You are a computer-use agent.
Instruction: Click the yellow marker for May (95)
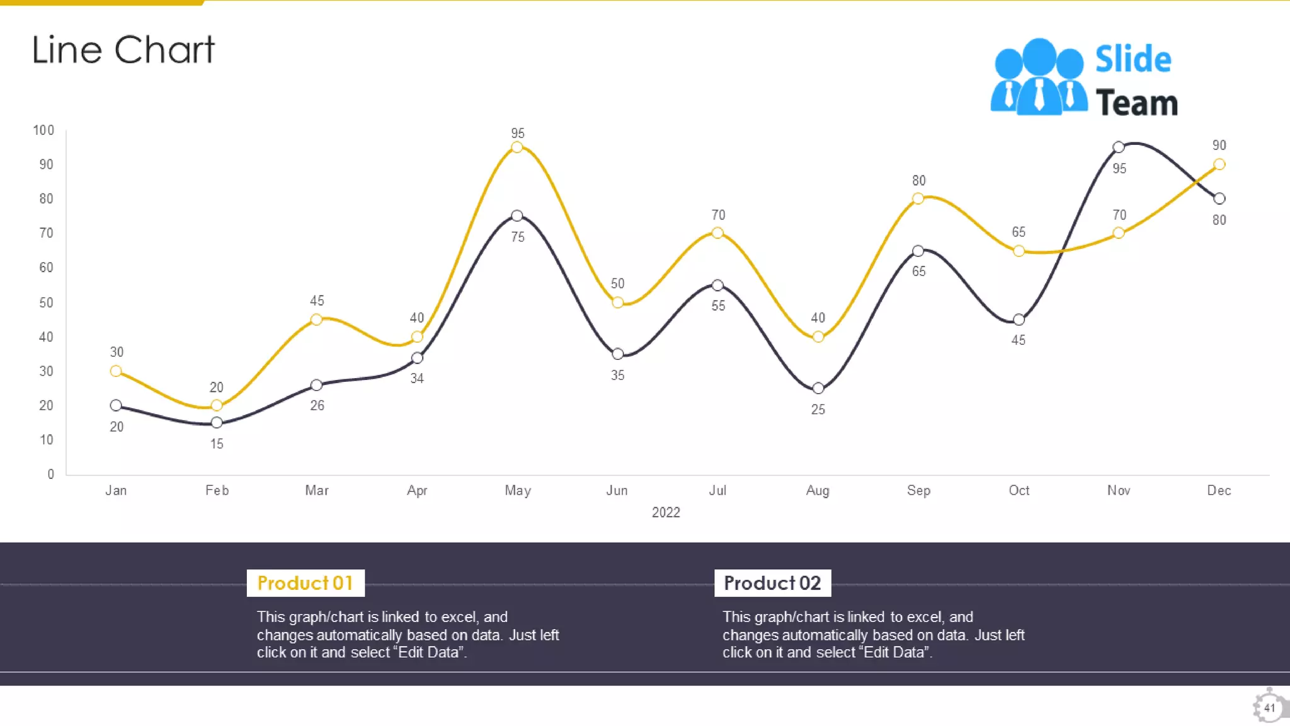click(x=517, y=147)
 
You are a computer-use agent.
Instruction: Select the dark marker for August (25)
click(x=818, y=388)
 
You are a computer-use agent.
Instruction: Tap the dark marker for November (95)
click(x=1119, y=147)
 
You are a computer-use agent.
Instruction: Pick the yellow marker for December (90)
click(x=1219, y=164)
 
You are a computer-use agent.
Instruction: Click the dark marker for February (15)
click(x=217, y=423)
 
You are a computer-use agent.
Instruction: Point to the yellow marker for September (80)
click(x=918, y=199)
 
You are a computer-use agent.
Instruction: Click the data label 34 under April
click(x=417, y=379)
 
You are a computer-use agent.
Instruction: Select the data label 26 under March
click(x=317, y=406)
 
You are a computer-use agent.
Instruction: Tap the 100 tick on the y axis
click(x=44, y=130)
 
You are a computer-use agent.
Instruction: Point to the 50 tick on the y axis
click(x=46, y=302)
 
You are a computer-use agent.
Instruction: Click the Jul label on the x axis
click(x=717, y=491)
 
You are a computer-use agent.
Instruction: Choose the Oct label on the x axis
click(x=1019, y=491)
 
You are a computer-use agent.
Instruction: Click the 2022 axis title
click(x=666, y=512)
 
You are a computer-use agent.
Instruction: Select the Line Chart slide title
click(x=123, y=50)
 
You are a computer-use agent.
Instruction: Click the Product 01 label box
click(x=305, y=583)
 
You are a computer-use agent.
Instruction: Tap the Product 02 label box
click(x=772, y=583)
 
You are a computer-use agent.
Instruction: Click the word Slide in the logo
click(x=1133, y=60)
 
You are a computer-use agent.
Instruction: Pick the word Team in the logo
click(x=1137, y=103)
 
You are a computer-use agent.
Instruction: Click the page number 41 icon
click(x=1269, y=707)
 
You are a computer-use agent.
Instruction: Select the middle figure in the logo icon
click(x=1039, y=76)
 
